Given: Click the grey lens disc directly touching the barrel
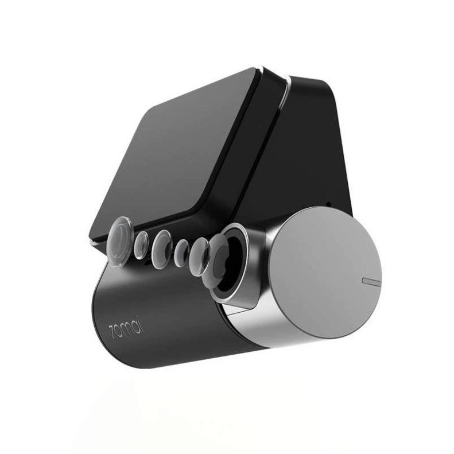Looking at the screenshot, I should (x=200, y=253).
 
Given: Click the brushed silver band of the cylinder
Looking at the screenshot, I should (x=270, y=327).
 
